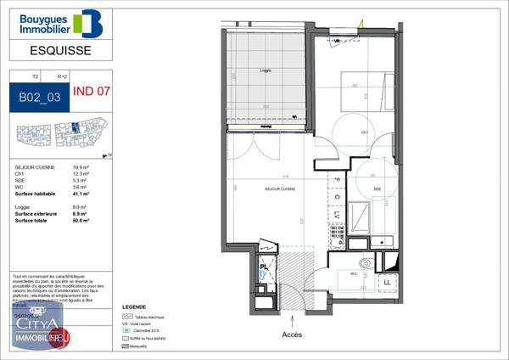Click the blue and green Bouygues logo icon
point(87,24)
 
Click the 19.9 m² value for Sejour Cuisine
point(81,168)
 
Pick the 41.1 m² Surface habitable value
point(81,194)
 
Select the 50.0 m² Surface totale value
point(81,220)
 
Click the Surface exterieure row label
point(36,214)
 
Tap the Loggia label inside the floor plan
point(266,70)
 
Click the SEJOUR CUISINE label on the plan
point(279,188)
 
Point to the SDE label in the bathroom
point(376,188)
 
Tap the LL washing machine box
point(387,281)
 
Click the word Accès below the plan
point(292,335)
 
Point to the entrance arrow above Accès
point(293,320)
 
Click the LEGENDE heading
point(134,307)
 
